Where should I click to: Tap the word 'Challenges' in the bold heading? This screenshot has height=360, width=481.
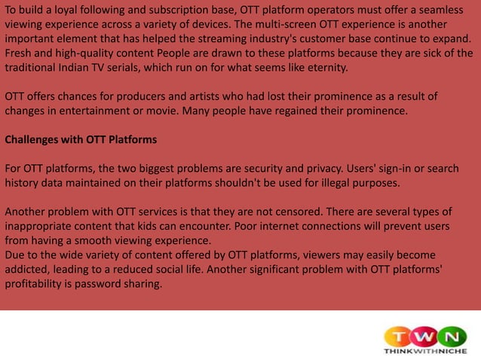[35, 140]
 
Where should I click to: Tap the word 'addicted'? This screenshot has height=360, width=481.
[27, 270]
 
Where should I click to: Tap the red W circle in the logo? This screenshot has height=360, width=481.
[426, 334]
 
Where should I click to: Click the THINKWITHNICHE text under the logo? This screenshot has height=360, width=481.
[424, 352]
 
